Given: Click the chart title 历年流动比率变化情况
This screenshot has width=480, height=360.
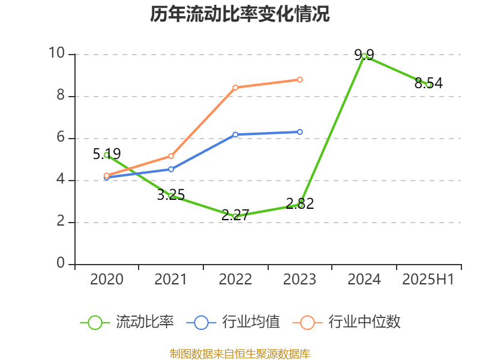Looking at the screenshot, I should (x=240, y=14).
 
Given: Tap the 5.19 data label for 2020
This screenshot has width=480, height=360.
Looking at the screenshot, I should (x=107, y=154).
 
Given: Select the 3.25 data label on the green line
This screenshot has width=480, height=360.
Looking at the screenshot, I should (x=171, y=194).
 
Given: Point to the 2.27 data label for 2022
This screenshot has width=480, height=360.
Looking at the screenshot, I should (x=235, y=215).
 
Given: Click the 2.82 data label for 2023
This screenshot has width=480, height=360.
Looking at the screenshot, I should (x=300, y=203).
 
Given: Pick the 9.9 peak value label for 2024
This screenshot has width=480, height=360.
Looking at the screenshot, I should (x=364, y=55).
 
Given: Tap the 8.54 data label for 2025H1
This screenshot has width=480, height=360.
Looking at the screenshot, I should (x=428, y=83).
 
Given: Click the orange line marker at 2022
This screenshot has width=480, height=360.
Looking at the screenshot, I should (x=235, y=88).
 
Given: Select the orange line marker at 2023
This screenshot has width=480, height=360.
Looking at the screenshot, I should (x=300, y=79).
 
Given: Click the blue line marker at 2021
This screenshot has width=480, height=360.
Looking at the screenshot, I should (x=171, y=169).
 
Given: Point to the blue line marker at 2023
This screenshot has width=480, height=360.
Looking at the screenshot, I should (x=300, y=132).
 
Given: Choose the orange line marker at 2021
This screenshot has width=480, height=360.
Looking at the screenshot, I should (x=171, y=156).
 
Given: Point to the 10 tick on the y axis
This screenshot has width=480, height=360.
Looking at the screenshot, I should (x=56, y=53).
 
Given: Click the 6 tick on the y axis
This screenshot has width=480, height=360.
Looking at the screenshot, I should (x=61, y=137).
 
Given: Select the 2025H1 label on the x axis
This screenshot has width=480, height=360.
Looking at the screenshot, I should (x=428, y=280).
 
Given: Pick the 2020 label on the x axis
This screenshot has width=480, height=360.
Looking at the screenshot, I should (x=107, y=280).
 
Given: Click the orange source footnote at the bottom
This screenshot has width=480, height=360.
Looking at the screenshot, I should (x=240, y=353).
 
